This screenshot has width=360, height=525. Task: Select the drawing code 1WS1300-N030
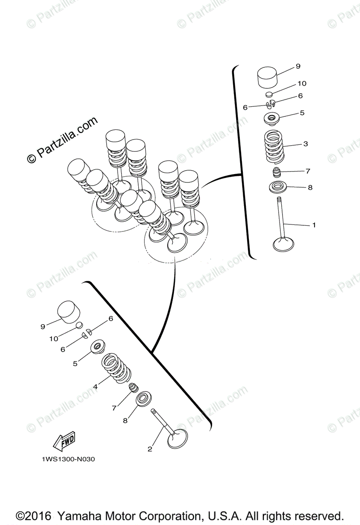click(68, 459)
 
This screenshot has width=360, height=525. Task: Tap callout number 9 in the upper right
click(298, 66)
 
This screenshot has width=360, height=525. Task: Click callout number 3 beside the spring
click(305, 143)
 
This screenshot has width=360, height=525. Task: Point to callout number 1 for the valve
click(314, 225)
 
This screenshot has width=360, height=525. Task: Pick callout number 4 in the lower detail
click(95, 387)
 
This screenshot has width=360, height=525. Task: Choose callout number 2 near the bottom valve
click(150, 449)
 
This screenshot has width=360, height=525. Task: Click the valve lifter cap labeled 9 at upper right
click(267, 77)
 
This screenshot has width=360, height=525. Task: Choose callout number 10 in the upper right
click(302, 84)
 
